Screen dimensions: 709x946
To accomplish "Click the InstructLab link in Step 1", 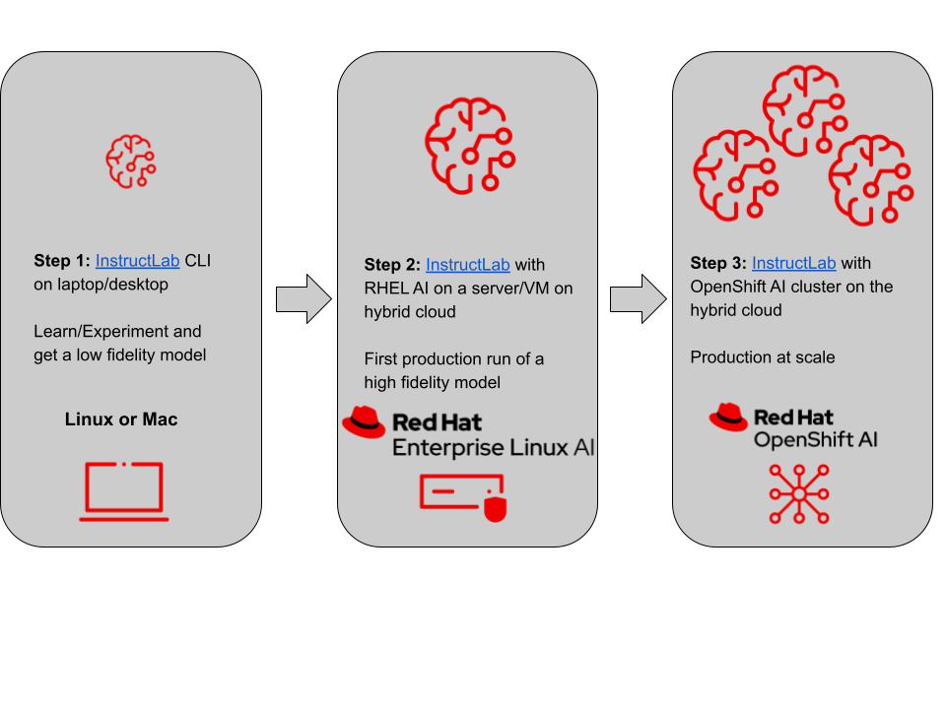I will click(x=137, y=261).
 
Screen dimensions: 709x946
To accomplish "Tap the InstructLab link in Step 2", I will click(x=467, y=265).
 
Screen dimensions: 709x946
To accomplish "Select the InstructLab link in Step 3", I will click(x=793, y=263).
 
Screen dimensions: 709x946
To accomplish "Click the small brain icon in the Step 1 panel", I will click(x=131, y=161).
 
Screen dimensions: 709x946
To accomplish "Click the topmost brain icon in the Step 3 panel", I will click(x=804, y=109).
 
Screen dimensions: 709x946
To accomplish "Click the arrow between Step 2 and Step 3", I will click(x=638, y=298).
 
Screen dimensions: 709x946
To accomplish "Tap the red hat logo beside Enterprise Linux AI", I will click(x=364, y=421).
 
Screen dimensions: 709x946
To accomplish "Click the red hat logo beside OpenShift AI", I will click(x=728, y=418).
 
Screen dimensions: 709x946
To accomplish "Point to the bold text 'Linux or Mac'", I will click(x=121, y=419).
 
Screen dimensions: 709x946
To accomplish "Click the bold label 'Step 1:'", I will click(x=62, y=261).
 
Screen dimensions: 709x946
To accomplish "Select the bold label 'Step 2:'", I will click(x=392, y=265).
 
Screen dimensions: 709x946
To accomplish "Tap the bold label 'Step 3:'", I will click(x=718, y=263).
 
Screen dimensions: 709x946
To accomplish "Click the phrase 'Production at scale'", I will click(x=763, y=357).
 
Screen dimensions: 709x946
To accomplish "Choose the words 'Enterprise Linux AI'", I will click(x=494, y=448).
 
